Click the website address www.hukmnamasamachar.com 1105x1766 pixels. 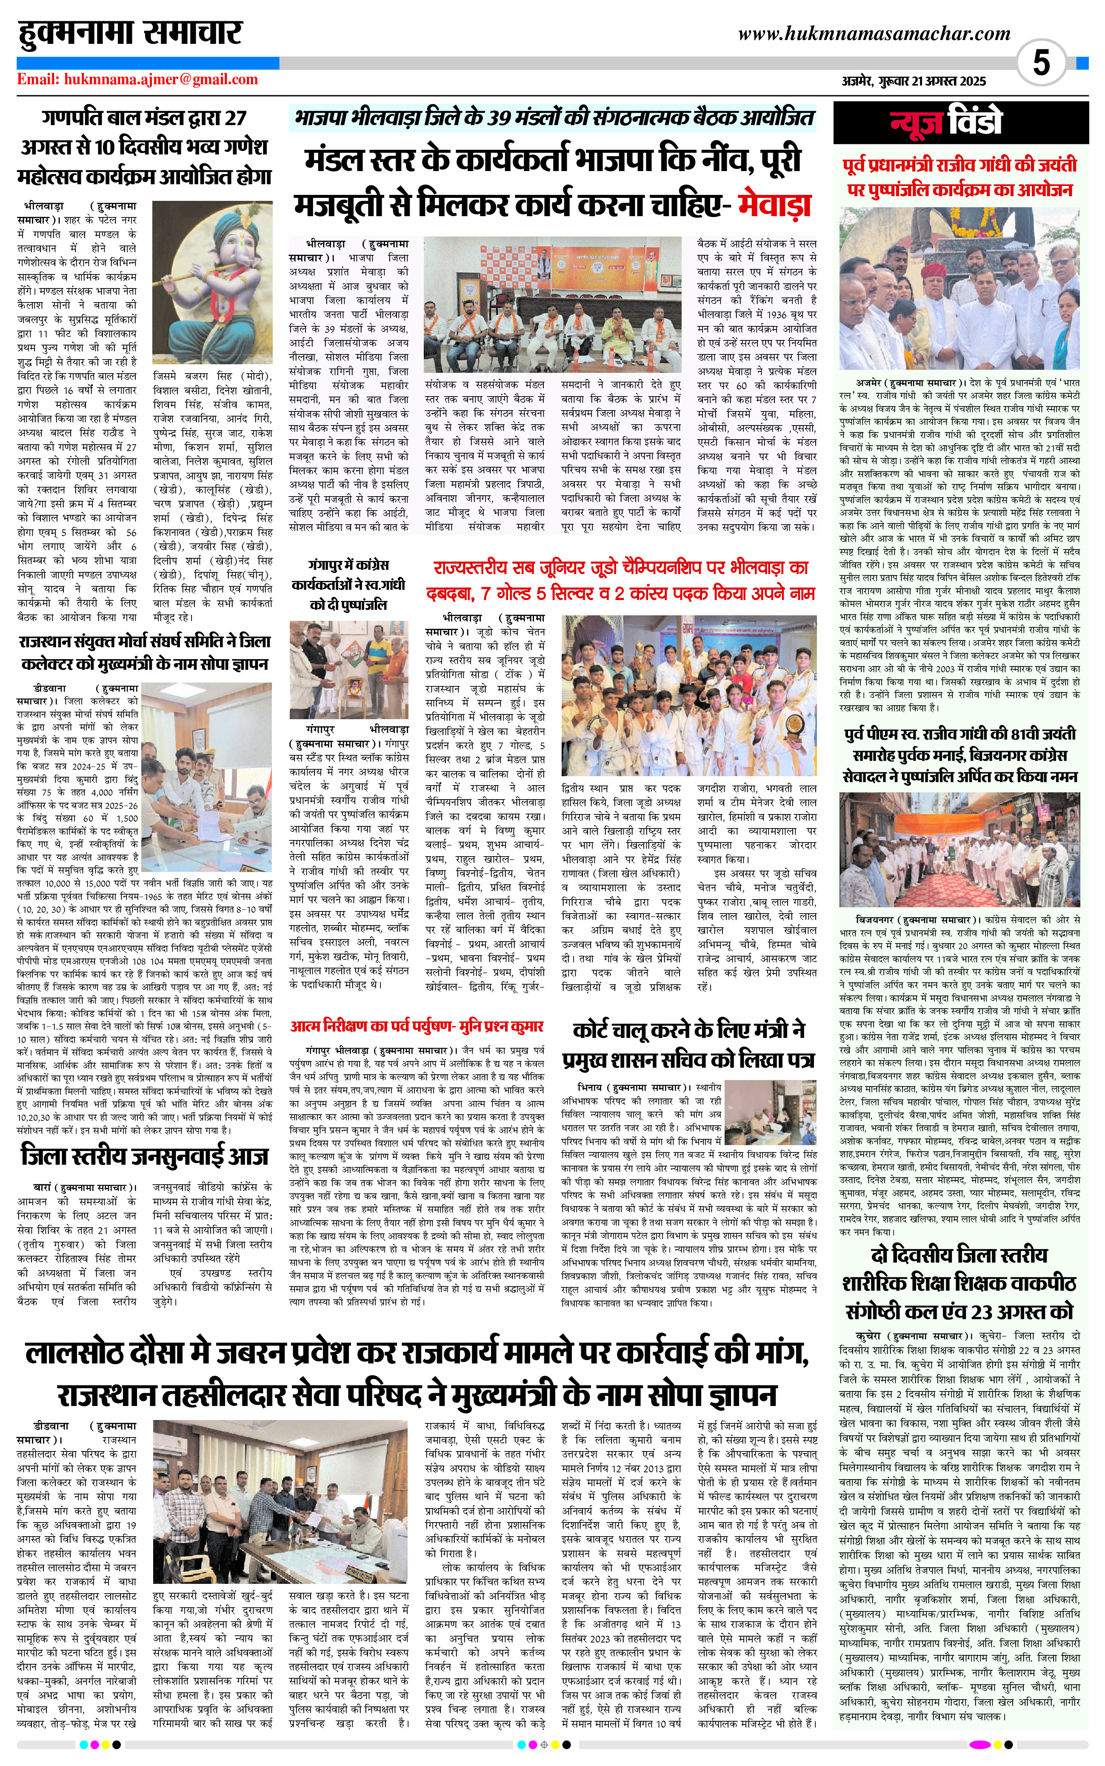click(874, 34)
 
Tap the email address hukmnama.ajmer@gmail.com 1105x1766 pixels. click(137, 80)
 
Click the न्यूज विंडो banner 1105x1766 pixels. click(946, 123)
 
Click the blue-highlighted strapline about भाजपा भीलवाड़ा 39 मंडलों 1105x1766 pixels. click(553, 118)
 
